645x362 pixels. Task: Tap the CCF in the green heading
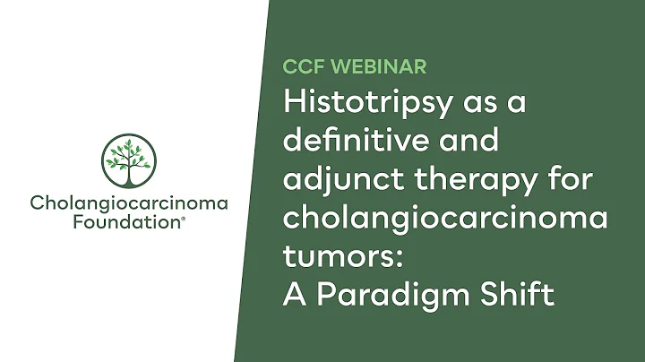click(301, 65)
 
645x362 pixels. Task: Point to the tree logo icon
click(129, 161)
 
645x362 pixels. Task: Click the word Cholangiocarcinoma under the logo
click(129, 203)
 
